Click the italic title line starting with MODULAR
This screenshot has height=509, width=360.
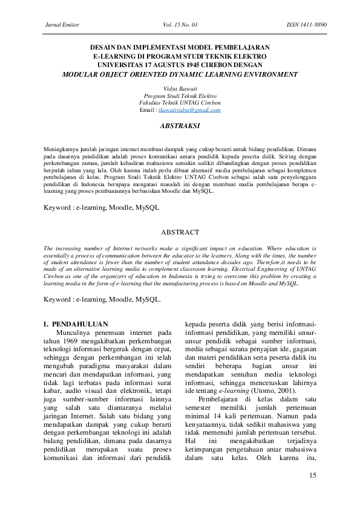(180, 74)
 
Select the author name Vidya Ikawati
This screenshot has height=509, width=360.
(180, 88)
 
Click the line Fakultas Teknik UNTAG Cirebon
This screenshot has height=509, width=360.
(180, 103)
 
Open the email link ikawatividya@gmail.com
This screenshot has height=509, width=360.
(189, 110)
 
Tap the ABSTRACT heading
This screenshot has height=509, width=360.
(180, 232)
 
